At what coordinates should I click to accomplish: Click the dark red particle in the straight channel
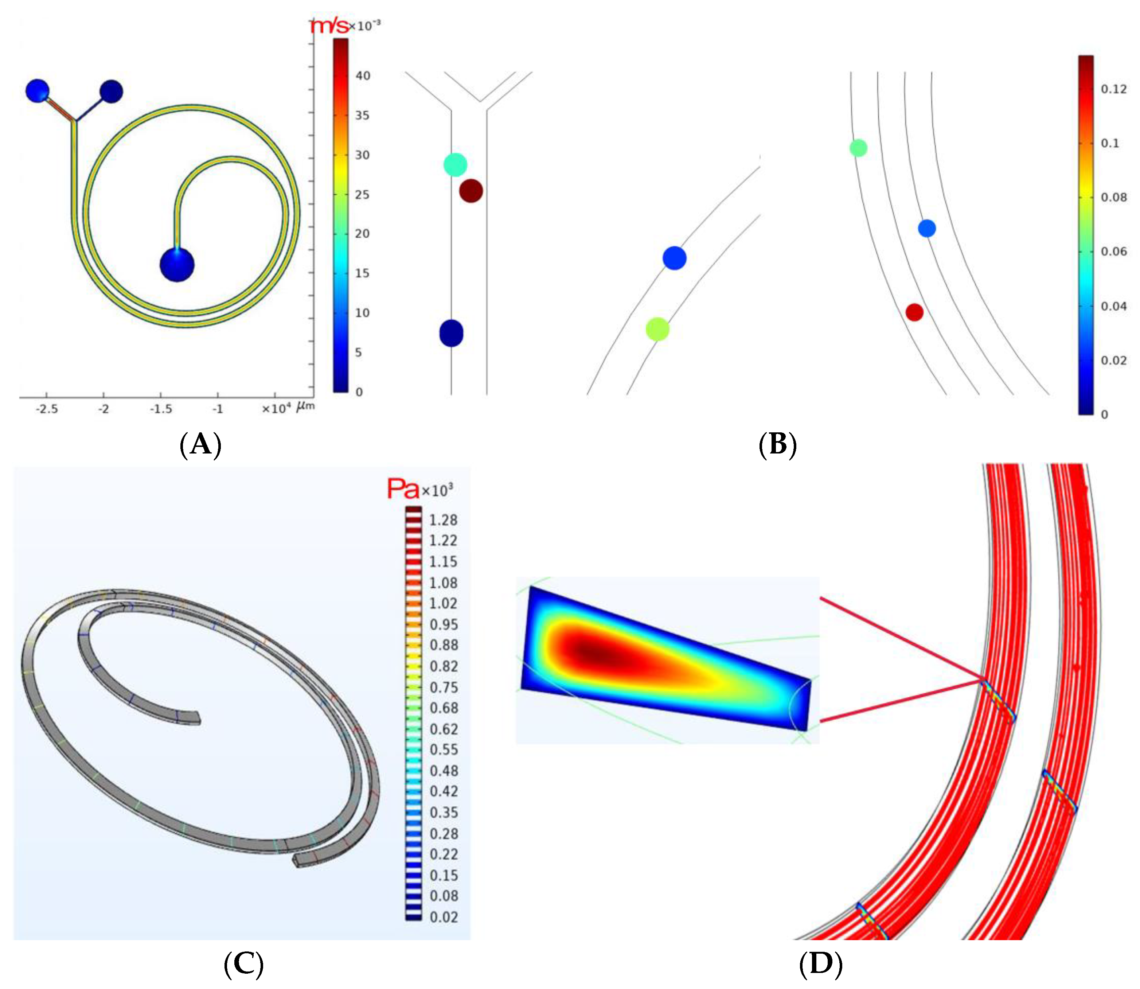coord(471,191)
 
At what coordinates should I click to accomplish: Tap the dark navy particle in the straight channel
coord(451,333)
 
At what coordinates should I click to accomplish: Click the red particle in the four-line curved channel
coord(914,312)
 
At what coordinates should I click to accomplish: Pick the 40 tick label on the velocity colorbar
coord(363,75)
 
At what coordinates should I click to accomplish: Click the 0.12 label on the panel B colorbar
coord(1113,89)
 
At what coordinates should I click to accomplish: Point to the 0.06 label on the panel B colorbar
coord(1113,252)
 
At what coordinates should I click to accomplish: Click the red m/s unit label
coord(329,26)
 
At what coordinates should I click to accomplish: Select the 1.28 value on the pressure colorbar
coord(443,520)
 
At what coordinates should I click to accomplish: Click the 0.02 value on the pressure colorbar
coord(443,917)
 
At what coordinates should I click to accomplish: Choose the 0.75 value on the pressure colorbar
coord(443,688)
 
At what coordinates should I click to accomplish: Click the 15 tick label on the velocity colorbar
coord(362,273)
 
